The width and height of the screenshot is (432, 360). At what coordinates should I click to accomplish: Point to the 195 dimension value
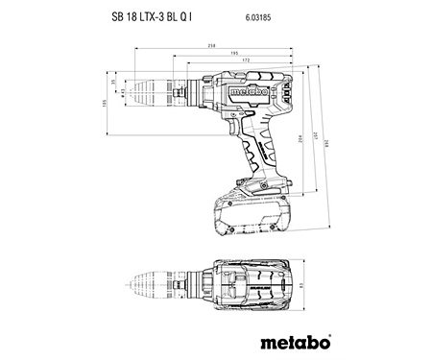pos(233,54)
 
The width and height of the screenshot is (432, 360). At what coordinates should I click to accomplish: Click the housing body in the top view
pos(252,285)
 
